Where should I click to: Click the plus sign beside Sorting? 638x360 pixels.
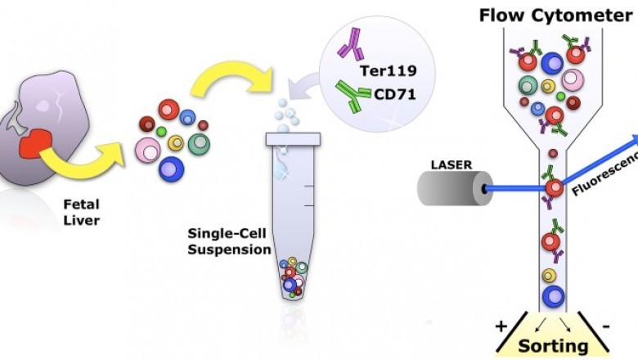pos(501,327)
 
